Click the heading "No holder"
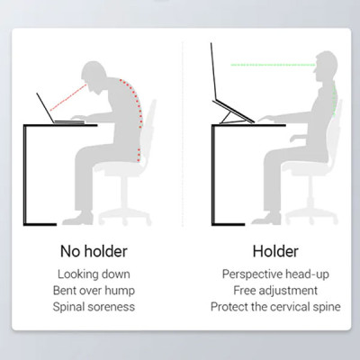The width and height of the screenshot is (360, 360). (x=94, y=251)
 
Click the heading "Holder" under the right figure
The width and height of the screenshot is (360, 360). (x=275, y=251)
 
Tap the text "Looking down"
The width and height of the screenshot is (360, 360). (x=94, y=274)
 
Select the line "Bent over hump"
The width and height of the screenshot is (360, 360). (x=94, y=291)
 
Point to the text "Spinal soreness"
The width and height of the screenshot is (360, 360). (x=94, y=307)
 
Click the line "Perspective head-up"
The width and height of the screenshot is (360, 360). (x=275, y=274)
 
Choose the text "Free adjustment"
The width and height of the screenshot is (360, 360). (x=275, y=291)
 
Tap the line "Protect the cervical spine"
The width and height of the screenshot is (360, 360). (x=275, y=307)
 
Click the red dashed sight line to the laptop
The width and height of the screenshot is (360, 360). (x=68, y=98)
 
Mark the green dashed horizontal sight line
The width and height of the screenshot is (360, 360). (x=273, y=65)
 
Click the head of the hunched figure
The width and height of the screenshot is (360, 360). (x=94, y=75)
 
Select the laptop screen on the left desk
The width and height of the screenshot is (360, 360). (x=46, y=108)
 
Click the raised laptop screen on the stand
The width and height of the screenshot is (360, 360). (x=212, y=71)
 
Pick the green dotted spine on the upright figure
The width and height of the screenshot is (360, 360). (x=335, y=99)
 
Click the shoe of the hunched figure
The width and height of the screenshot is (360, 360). (x=78, y=219)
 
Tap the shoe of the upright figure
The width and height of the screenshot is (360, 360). (x=267, y=219)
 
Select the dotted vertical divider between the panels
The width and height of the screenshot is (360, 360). (x=183, y=134)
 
